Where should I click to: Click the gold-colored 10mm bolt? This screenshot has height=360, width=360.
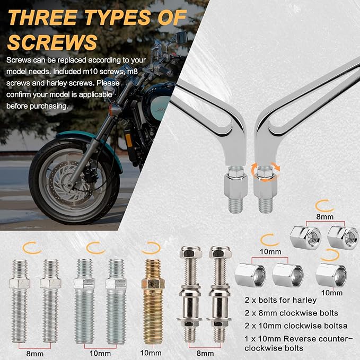pyautogui.click(x=153, y=301)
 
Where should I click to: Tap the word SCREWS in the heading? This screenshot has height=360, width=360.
pyautogui.click(x=52, y=42)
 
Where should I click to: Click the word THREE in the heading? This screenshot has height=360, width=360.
pyautogui.click(x=42, y=17)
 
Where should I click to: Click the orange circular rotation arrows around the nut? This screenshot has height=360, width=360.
pyautogui.click(x=265, y=172)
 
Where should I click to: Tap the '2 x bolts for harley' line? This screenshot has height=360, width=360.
pyautogui.click(x=280, y=300)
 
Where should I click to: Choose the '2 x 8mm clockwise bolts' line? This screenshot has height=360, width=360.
pyautogui.click(x=291, y=313)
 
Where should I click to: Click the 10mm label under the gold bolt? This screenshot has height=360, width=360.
pyautogui.click(x=151, y=353)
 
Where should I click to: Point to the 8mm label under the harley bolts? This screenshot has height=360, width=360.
pyautogui.click(x=205, y=353)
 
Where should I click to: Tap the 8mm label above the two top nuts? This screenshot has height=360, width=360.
pyautogui.click(x=324, y=216)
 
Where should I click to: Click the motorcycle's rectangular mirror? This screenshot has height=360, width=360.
pyautogui.click(x=181, y=37)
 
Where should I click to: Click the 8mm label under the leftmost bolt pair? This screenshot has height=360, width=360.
pyautogui.click(x=34, y=354)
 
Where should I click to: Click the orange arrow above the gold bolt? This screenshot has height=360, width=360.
pyautogui.click(x=151, y=249)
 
